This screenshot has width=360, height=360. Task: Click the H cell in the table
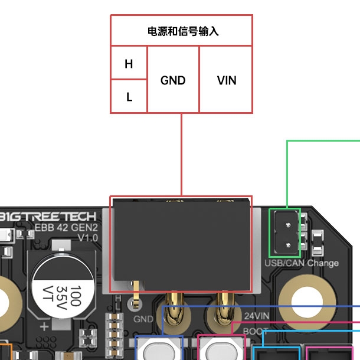pos(129,63)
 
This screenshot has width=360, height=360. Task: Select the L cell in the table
pos(129,96)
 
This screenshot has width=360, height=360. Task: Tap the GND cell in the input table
pos(173,80)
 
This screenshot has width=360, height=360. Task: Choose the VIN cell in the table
pos(226,80)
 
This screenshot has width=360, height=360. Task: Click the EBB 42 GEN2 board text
pos(66,227)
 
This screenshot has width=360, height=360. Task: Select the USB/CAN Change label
pos(302,263)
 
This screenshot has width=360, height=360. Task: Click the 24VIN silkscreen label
pos(256,316)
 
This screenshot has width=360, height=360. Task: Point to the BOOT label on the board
pos(256,331)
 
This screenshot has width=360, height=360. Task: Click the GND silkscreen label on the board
pos(143,319)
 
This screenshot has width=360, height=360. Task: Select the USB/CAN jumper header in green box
pos(284,237)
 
